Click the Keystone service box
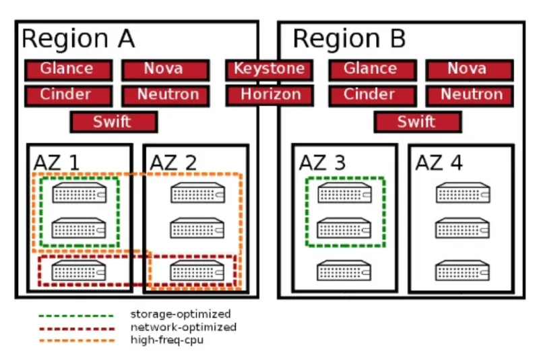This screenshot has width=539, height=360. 269,69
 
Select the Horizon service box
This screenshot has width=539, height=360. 270,94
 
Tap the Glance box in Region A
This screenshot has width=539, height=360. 68,69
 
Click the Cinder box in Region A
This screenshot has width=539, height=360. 68,94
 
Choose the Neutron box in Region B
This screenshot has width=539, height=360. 469,94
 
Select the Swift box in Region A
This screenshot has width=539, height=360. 113,121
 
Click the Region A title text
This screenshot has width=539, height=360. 78,39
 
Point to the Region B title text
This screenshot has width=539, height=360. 349,39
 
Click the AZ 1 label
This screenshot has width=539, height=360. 57,162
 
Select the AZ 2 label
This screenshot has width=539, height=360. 173,162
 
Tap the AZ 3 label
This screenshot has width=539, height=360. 323,162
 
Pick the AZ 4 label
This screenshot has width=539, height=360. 439,162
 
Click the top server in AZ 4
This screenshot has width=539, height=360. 462,194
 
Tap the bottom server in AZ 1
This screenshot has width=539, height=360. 79,271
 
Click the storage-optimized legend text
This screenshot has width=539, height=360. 180,314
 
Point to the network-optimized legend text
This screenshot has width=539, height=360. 183,327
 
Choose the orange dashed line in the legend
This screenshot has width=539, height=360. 75,340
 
